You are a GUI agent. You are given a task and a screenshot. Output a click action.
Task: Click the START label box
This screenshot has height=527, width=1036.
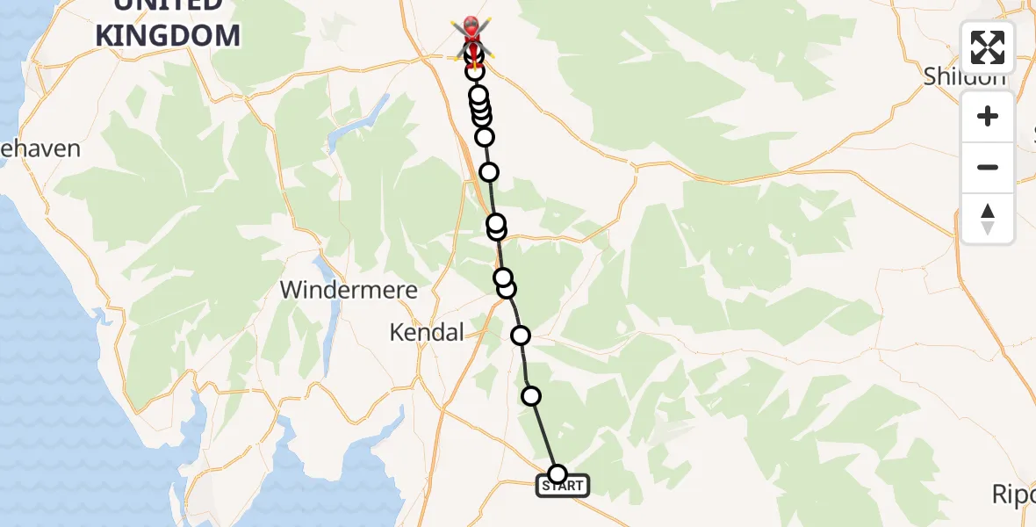pos(563,486)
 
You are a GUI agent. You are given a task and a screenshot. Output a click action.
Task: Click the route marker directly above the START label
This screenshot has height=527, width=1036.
pos(557,474)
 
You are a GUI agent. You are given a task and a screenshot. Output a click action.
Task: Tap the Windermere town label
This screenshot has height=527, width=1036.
pos(349,290)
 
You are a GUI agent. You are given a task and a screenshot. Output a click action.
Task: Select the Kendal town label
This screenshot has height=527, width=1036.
pos(426,333)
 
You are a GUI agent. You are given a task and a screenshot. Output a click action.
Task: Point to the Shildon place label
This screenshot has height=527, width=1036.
pos(964,77)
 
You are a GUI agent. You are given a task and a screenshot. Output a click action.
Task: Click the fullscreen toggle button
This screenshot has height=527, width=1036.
pos(987,47)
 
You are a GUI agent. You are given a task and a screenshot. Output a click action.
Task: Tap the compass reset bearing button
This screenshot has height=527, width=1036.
pos(987,219)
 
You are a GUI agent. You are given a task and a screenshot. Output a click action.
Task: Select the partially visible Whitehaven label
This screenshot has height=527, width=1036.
pos(40,148)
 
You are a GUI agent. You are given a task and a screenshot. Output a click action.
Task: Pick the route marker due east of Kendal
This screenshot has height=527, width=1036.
pos(521,335)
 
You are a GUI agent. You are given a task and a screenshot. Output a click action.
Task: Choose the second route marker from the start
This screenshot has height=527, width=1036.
pos(531,396)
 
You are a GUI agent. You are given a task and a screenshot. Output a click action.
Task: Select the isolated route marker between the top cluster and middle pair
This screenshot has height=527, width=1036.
pos(489,172)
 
